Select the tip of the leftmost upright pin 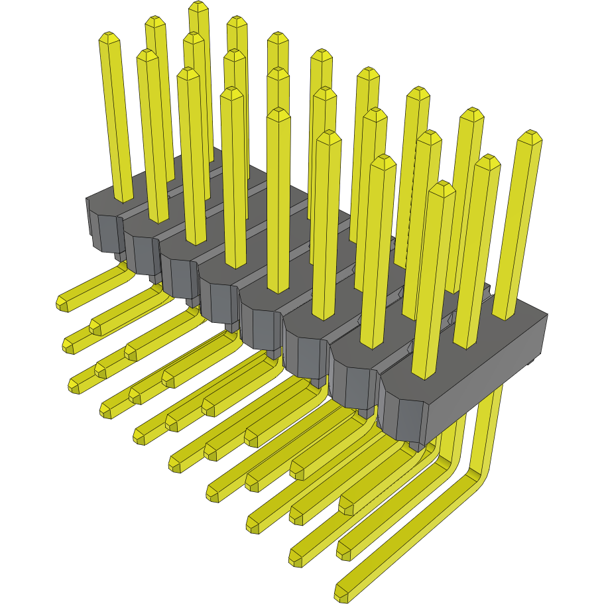click(108, 38)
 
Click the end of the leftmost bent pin click(62, 304)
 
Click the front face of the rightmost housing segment click(402, 415)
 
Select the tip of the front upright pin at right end click(442, 188)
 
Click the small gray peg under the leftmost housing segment click(118, 255)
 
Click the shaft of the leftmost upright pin click(116, 119)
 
